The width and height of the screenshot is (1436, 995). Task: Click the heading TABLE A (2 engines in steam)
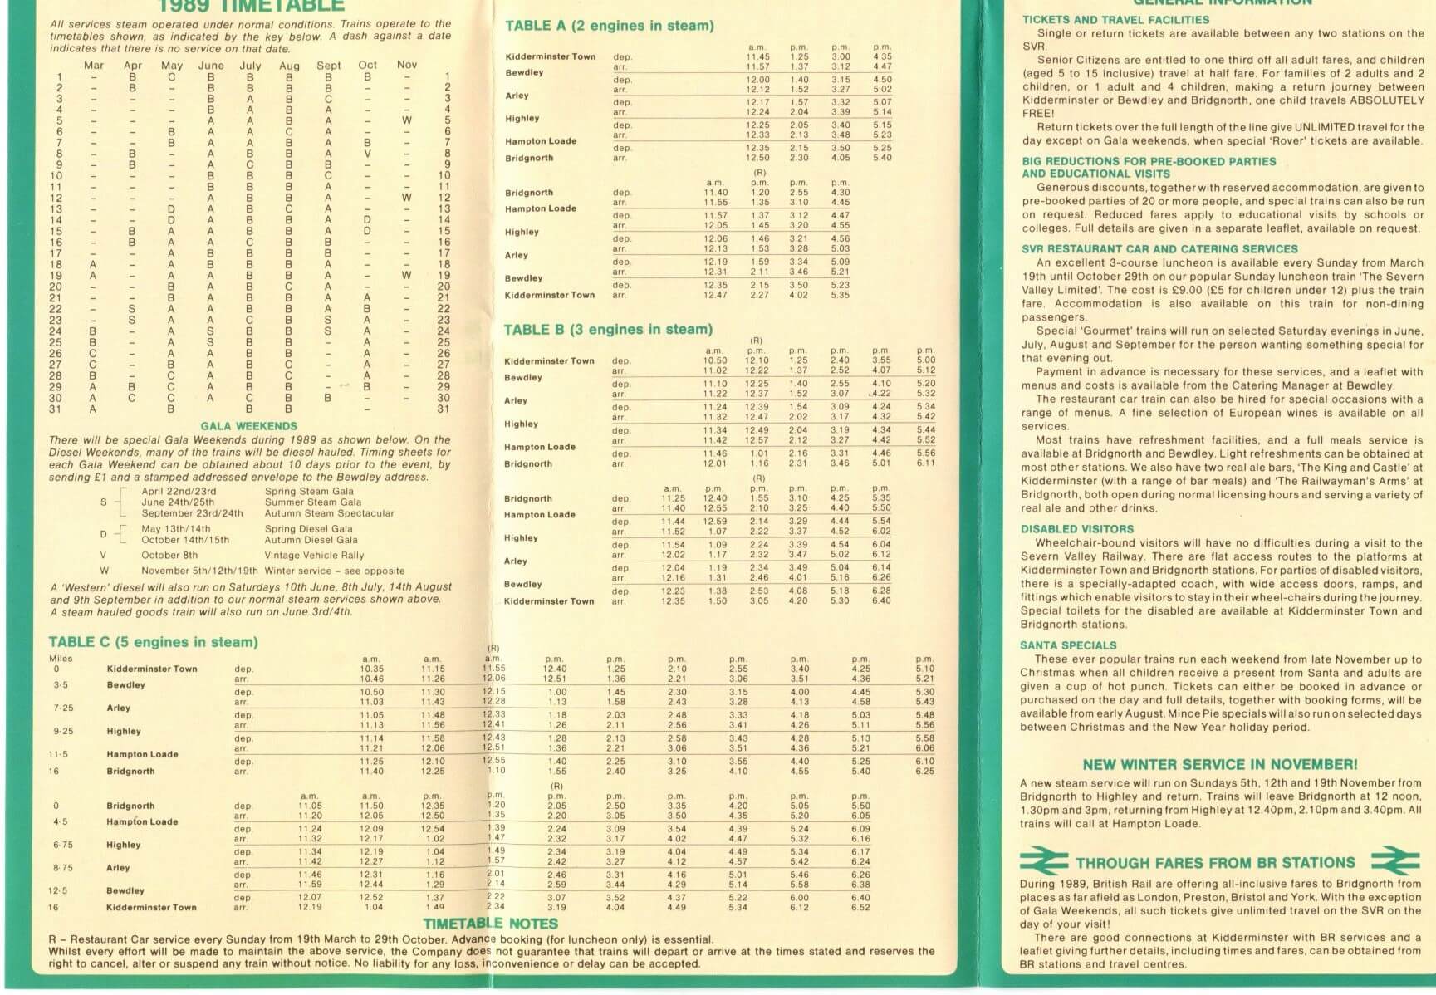609,26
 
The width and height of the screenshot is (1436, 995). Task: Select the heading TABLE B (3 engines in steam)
608,330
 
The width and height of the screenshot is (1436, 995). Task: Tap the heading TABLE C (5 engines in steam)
153,642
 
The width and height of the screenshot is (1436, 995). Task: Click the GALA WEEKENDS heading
248,426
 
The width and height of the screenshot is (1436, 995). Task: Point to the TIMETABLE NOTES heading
491,924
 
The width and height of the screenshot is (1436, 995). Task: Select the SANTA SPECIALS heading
1068,645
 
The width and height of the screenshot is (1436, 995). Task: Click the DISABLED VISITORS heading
1077,529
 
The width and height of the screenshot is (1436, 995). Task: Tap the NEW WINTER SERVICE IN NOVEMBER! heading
1220,765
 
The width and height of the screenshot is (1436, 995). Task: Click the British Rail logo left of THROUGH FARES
1044,861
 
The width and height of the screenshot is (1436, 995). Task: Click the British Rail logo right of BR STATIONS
1395,861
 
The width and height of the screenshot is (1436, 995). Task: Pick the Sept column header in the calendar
328,66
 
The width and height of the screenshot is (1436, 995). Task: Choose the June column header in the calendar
211,66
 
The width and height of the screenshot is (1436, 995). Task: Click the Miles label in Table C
61,659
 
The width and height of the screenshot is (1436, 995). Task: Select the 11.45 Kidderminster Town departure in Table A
757,57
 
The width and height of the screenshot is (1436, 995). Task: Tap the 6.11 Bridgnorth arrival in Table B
925,463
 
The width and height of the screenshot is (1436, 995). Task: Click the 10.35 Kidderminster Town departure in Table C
371,669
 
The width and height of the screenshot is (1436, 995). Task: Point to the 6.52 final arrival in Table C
860,907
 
